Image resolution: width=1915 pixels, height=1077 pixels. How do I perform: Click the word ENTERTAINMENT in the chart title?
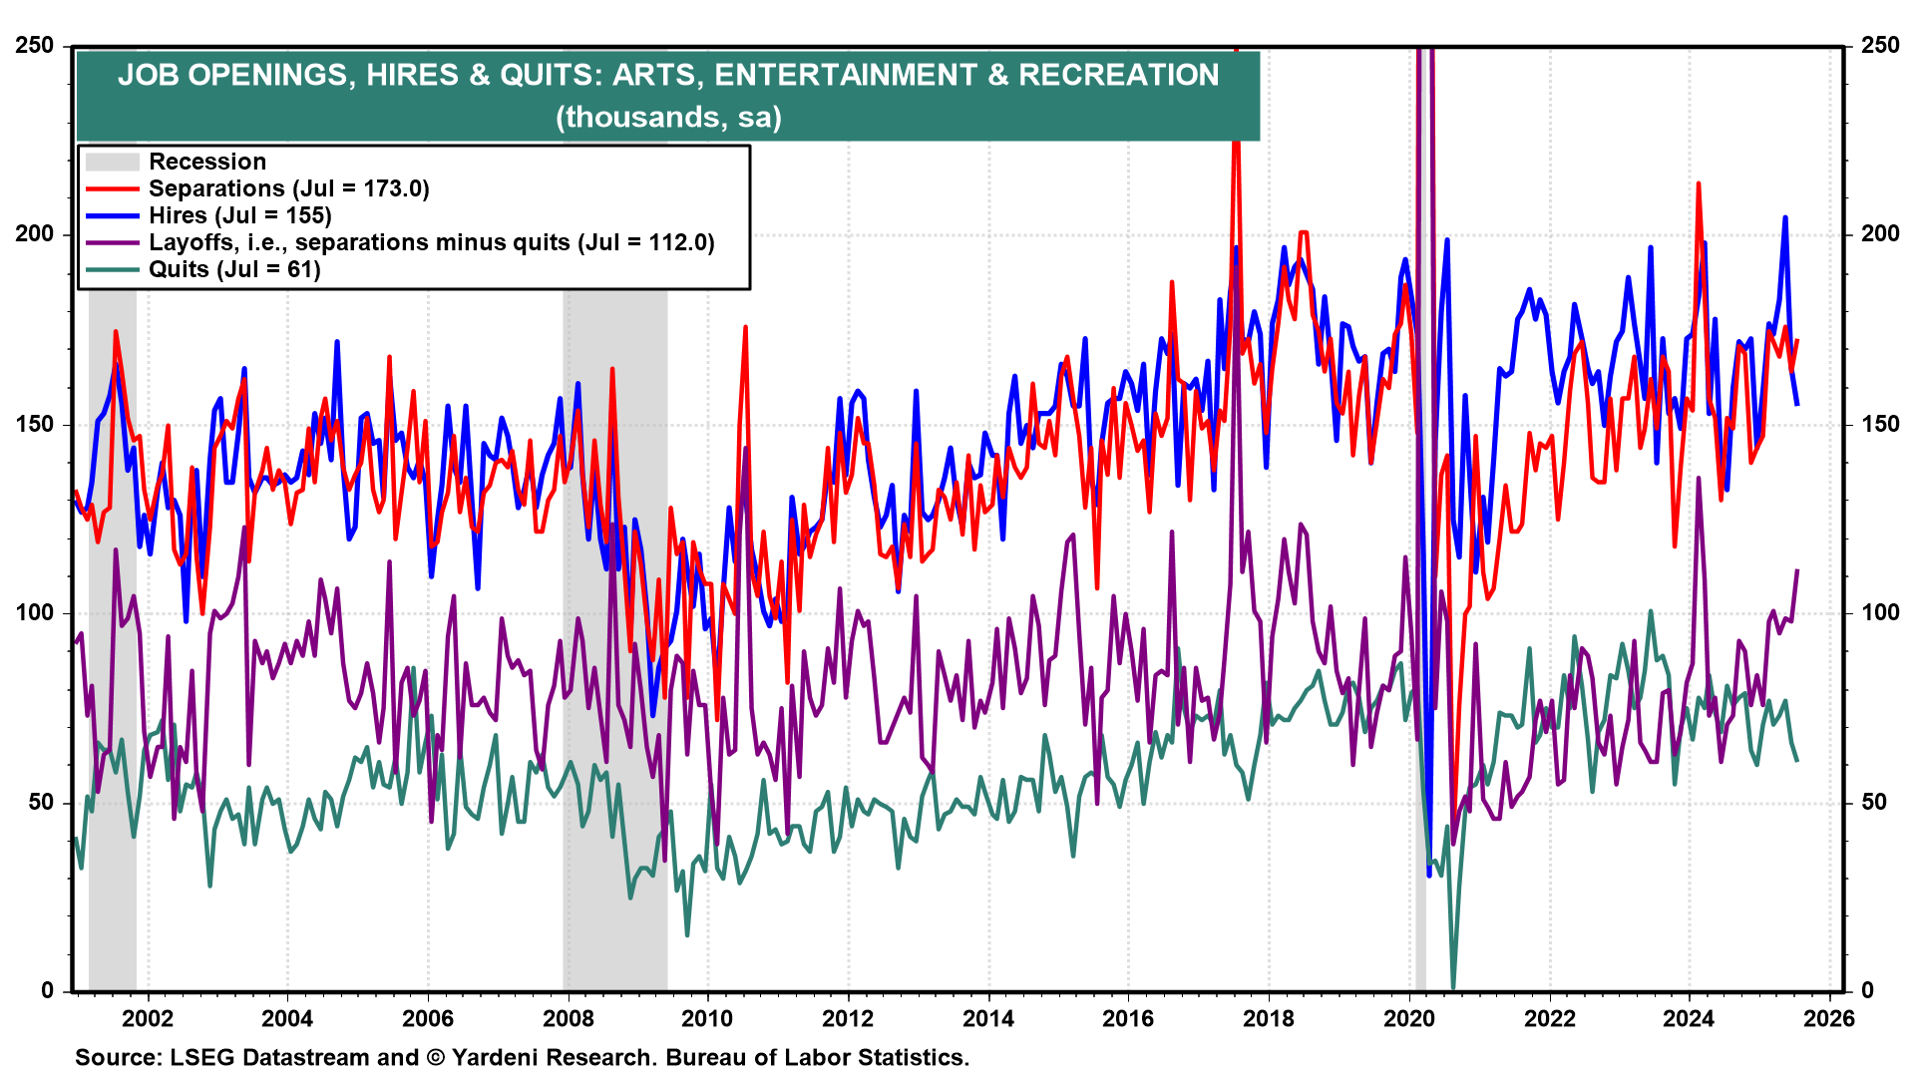pyautogui.click(x=845, y=75)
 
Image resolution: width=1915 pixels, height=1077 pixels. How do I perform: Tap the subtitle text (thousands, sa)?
pyautogui.click(x=668, y=117)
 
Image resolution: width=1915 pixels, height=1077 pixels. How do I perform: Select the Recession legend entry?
pyautogui.click(x=207, y=162)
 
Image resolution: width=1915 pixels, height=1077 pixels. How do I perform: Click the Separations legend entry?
pyautogui.click(x=288, y=188)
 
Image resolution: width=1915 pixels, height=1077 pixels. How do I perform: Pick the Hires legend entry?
pyautogui.click(x=239, y=215)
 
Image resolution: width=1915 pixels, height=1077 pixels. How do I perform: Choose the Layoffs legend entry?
pyautogui.click(x=431, y=242)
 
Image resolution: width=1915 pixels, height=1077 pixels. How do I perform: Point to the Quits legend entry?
pyautogui.click(x=234, y=269)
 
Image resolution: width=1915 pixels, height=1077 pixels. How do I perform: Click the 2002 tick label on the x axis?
pyautogui.click(x=148, y=1018)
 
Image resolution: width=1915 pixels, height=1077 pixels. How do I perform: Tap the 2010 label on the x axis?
pyautogui.click(x=707, y=1018)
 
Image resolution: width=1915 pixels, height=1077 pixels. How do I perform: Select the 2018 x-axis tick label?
pyautogui.click(x=1269, y=1018)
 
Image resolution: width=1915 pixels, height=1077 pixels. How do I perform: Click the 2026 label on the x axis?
pyautogui.click(x=1829, y=1018)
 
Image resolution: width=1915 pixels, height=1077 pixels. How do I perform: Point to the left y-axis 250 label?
pyautogui.click(x=35, y=45)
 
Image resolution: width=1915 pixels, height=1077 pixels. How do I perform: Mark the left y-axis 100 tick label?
pyautogui.click(x=35, y=612)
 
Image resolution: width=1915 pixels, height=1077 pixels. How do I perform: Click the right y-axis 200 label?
pyautogui.click(x=1880, y=234)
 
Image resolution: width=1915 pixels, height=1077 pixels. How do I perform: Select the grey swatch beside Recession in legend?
pyautogui.click(x=112, y=162)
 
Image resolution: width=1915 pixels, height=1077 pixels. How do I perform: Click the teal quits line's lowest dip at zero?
pyautogui.click(x=1453, y=987)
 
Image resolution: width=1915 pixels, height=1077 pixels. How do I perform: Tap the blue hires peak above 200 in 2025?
pyautogui.click(x=1785, y=217)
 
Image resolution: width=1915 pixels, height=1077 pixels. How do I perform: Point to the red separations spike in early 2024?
pyautogui.click(x=1698, y=184)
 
